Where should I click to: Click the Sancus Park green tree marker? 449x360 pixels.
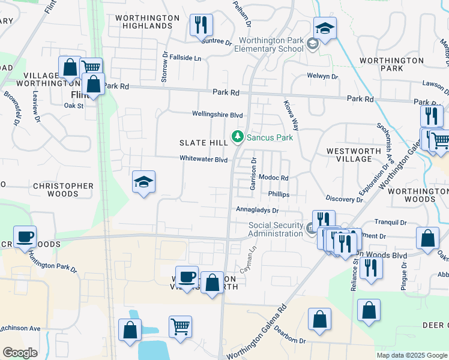[238, 137]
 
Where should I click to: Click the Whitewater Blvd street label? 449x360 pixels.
[203, 160]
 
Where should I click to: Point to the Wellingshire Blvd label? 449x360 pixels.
[217, 114]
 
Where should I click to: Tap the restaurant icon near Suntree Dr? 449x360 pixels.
[200, 26]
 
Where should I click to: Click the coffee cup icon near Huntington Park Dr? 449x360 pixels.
[25, 237]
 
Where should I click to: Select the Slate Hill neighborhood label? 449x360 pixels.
[203, 143]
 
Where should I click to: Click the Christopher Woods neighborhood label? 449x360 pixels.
[64, 190]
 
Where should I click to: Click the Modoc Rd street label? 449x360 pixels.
[274, 178]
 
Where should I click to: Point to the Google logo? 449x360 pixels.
[20, 352]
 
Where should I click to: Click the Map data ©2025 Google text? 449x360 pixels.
[411, 355]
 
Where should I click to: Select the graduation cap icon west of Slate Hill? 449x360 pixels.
[143, 182]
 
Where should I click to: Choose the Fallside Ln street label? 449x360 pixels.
[185, 58]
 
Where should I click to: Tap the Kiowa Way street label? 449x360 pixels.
[291, 115]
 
